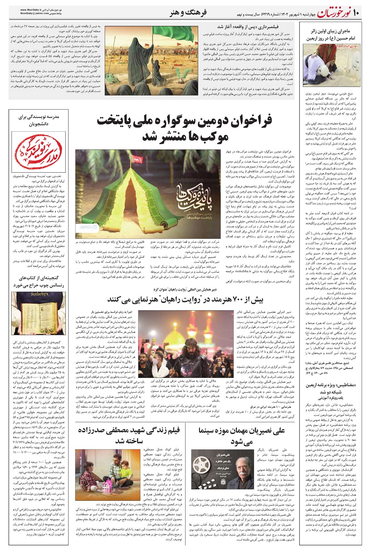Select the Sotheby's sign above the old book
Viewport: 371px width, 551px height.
[x=38, y=294]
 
